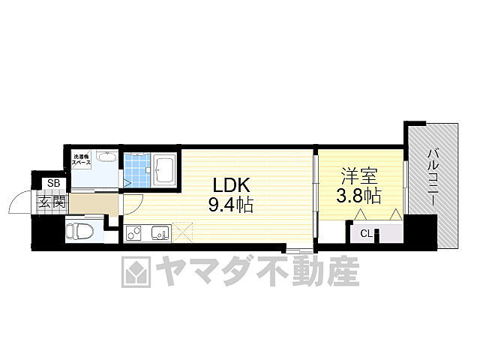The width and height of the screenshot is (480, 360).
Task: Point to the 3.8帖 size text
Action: [358, 196]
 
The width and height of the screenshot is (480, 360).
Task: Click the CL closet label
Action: [366, 233]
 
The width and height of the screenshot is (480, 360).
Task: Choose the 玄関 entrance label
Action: [52, 202]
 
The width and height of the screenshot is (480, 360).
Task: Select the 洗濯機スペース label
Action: [81, 160]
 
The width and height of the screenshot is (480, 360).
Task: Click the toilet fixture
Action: [77, 229]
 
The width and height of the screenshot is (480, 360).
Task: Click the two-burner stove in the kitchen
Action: [134, 233]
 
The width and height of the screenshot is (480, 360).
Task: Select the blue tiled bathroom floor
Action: [136, 169]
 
